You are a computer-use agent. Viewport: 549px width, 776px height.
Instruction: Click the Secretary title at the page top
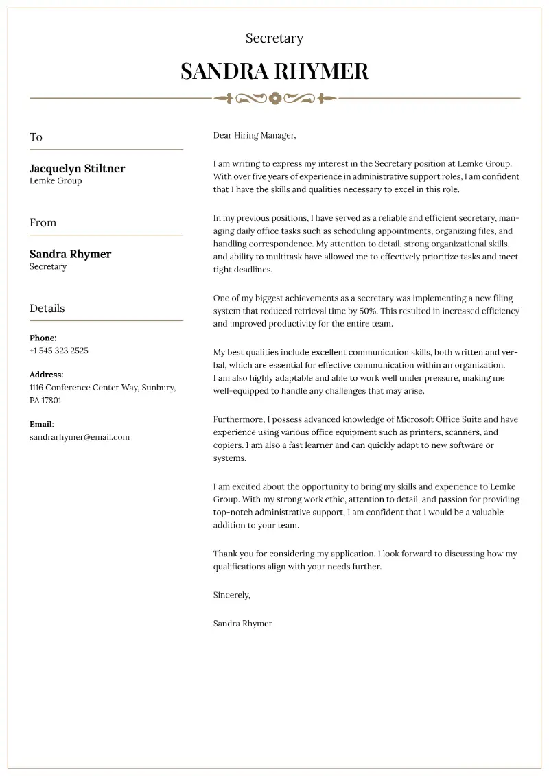274,38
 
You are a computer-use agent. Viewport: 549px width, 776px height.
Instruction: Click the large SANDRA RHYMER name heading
274,71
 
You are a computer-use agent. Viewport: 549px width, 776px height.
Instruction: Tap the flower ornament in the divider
275,98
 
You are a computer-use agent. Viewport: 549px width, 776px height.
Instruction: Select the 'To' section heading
36,137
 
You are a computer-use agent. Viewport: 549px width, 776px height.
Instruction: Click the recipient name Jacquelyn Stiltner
77,169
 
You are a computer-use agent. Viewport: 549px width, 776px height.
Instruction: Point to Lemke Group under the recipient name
56,181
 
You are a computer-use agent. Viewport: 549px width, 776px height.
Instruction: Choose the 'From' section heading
43,223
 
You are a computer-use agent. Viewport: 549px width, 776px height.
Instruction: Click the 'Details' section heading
47,309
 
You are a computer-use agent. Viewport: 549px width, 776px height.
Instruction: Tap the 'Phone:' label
43,338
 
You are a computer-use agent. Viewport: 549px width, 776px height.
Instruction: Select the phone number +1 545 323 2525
59,351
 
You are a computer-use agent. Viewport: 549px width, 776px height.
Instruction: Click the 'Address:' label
47,375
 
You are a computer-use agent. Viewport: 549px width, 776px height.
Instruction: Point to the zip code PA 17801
45,400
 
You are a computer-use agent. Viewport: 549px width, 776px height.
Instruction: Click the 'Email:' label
42,425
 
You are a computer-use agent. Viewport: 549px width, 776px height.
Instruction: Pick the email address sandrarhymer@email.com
80,437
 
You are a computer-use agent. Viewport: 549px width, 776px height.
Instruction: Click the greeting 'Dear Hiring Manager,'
255,136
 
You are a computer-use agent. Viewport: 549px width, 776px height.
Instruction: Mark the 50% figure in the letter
369,311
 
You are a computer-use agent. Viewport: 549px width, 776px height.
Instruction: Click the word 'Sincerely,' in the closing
232,595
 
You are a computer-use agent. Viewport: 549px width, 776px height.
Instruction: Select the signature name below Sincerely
243,624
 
